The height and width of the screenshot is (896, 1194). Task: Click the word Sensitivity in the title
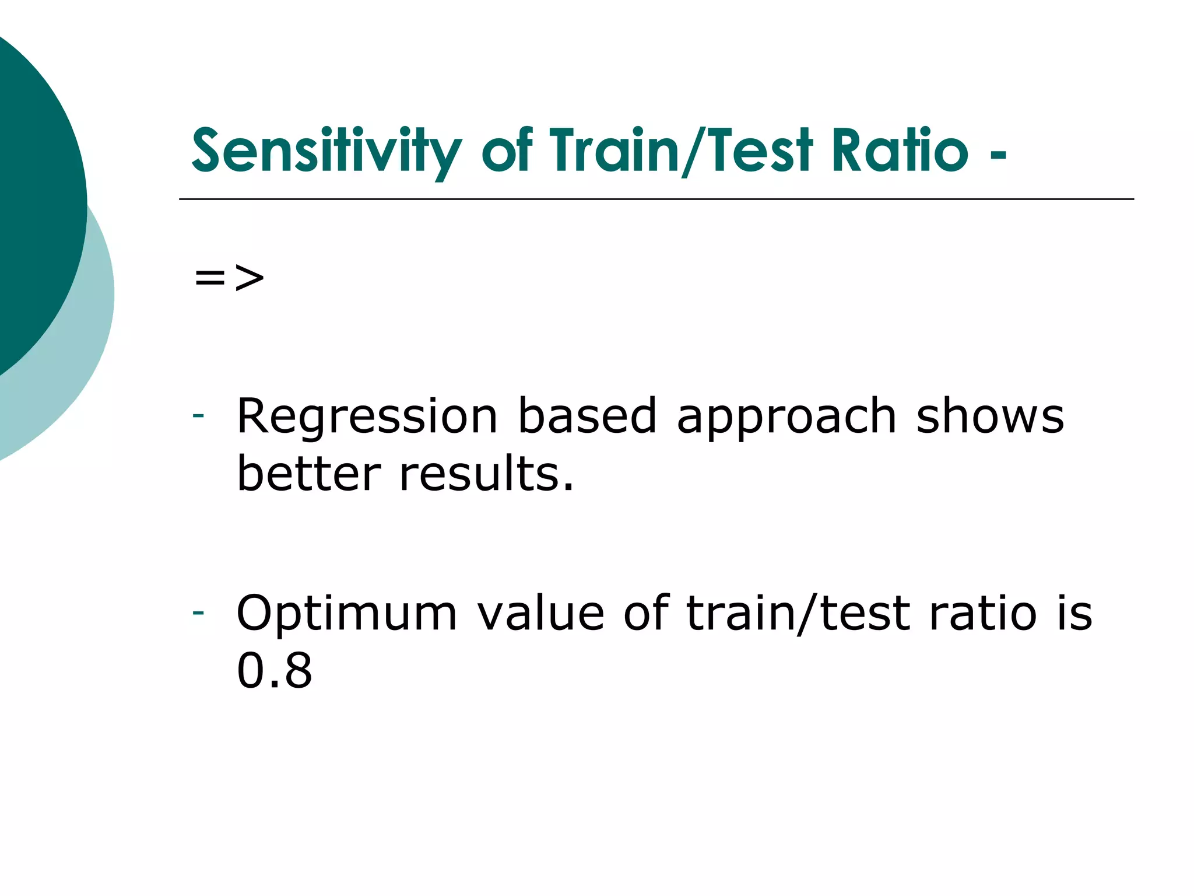pyautogui.click(x=326, y=152)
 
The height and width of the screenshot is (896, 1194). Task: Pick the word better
pyautogui.click(x=309, y=474)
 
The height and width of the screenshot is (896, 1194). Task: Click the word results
pyautogui.click(x=487, y=474)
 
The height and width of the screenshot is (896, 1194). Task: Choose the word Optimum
pyautogui.click(x=347, y=614)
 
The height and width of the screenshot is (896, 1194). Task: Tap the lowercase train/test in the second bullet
pyautogui.click(x=799, y=614)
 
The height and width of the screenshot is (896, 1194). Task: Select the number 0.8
pyautogui.click(x=274, y=671)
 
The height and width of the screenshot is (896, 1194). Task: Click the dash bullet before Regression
pyautogui.click(x=198, y=416)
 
